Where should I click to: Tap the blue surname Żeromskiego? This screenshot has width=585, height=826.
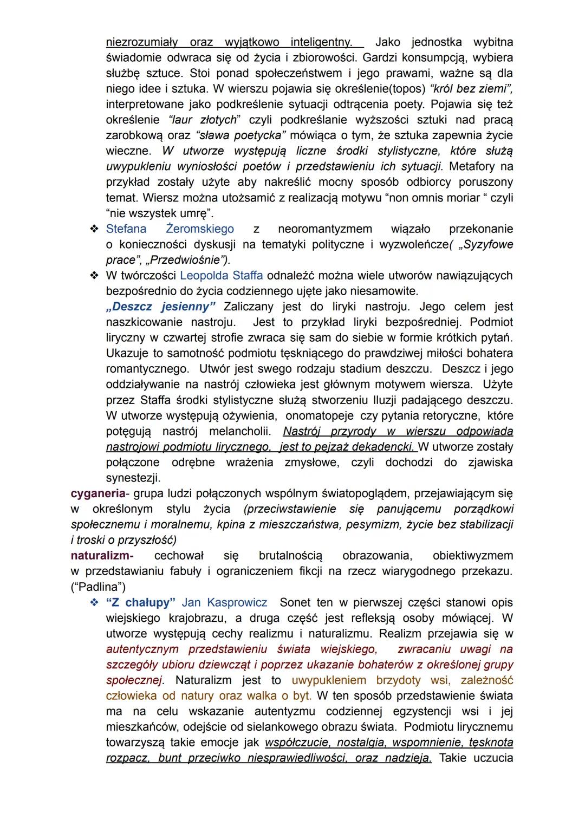200,229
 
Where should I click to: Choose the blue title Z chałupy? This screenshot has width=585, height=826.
141,602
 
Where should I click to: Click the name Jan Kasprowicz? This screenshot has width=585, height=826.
224,602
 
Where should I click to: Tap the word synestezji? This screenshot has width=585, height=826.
133,478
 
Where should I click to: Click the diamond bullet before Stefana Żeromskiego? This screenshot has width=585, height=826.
94,229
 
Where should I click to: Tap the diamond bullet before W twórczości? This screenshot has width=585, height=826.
94,276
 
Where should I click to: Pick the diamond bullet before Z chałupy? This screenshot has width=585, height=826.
94,602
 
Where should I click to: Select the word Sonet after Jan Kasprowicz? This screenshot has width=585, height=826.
295,602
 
